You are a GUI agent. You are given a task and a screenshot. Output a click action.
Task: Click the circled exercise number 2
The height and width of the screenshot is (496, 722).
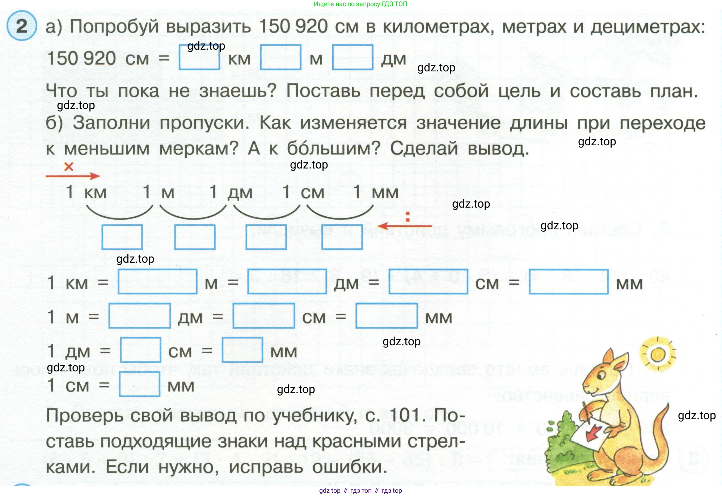click(x=22, y=26)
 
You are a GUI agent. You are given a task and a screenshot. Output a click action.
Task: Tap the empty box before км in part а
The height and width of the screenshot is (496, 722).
click(x=199, y=57)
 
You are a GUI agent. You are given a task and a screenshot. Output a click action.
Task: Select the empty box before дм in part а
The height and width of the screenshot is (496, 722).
click(x=352, y=57)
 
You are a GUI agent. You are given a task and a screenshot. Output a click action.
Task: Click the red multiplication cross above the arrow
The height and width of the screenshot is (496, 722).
click(x=68, y=167)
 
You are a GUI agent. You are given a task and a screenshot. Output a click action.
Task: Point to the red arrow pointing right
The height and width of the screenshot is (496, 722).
click(x=73, y=176)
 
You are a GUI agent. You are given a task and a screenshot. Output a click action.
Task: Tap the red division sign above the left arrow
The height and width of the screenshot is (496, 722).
click(x=408, y=216)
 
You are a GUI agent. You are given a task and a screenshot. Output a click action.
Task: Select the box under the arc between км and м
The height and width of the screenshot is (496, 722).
click(x=122, y=237)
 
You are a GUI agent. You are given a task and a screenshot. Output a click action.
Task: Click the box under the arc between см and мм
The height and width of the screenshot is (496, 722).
click(x=342, y=237)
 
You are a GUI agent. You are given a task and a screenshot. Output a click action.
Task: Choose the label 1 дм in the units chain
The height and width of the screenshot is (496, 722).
click(x=231, y=192)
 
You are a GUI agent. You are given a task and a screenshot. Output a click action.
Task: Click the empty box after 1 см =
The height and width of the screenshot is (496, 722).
click(x=140, y=384)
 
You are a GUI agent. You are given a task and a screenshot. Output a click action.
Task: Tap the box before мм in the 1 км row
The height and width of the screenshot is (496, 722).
click(x=568, y=282)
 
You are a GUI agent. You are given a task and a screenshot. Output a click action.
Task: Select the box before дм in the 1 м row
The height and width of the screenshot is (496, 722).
click(x=140, y=316)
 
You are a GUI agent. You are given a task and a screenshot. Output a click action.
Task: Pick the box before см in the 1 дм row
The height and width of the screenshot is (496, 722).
click(x=140, y=350)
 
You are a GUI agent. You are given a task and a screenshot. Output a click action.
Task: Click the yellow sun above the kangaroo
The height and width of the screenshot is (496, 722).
click(x=658, y=354)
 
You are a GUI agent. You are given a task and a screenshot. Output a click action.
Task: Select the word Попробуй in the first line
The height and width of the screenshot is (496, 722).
click(x=114, y=26)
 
